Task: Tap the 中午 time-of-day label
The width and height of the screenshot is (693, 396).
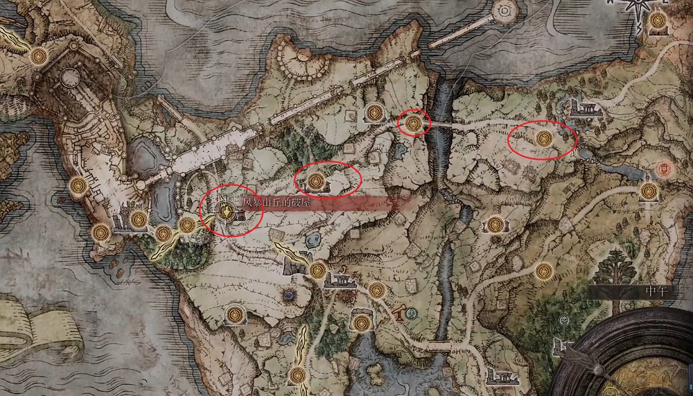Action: pyautogui.click(x=654, y=291)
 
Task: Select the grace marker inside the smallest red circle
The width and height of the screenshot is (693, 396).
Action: pyautogui.click(x=414, y=123)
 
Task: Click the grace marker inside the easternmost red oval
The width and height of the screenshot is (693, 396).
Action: pyautogui.click(x=544, y=139)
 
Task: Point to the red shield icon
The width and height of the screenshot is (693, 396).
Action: pyautogui.click(x=665, y=169)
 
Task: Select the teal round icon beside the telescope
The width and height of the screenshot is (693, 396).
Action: pyautogui.click(x=412, y=313)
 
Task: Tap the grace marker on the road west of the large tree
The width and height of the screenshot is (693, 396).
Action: pyautogui.click(x=544, y=270)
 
